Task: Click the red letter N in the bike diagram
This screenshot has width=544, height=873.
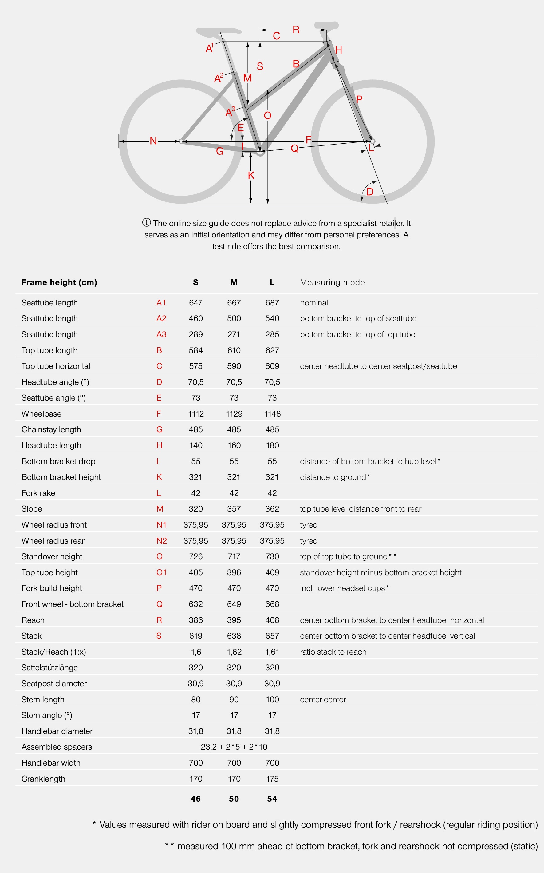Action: click(x=153, y=141)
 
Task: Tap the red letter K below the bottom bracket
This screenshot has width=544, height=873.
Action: click(x=251, y=176)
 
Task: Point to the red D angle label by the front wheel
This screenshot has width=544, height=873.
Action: click(x=370, y=192)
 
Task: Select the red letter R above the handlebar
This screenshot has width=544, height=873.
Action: click(x=296, y=30)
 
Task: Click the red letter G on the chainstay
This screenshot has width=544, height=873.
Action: click(x=220, y=151)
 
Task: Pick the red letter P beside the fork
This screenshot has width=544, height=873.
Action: click(x=359, y=99)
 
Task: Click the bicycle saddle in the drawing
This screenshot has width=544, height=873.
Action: click(x=218, y=32)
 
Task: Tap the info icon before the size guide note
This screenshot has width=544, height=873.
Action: click(x=146, y=222)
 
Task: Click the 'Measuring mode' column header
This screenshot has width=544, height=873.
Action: click(x=332, y=283)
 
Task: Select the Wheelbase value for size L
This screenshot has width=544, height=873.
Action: click(x=272, y=414)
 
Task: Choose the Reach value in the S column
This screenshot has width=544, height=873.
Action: click(x=196, y=620)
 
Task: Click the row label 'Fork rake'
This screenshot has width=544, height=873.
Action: click(x=38, y=493)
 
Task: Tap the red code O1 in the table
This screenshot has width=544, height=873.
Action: click(x=161, y=572)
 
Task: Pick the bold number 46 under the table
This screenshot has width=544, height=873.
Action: click(x=196, y=799)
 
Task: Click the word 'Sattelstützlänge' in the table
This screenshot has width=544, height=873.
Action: click(x=50, y=668)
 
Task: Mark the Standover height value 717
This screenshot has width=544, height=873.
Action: click(x=234, y=556)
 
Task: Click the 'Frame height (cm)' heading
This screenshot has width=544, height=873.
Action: click(x=59, y=283)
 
